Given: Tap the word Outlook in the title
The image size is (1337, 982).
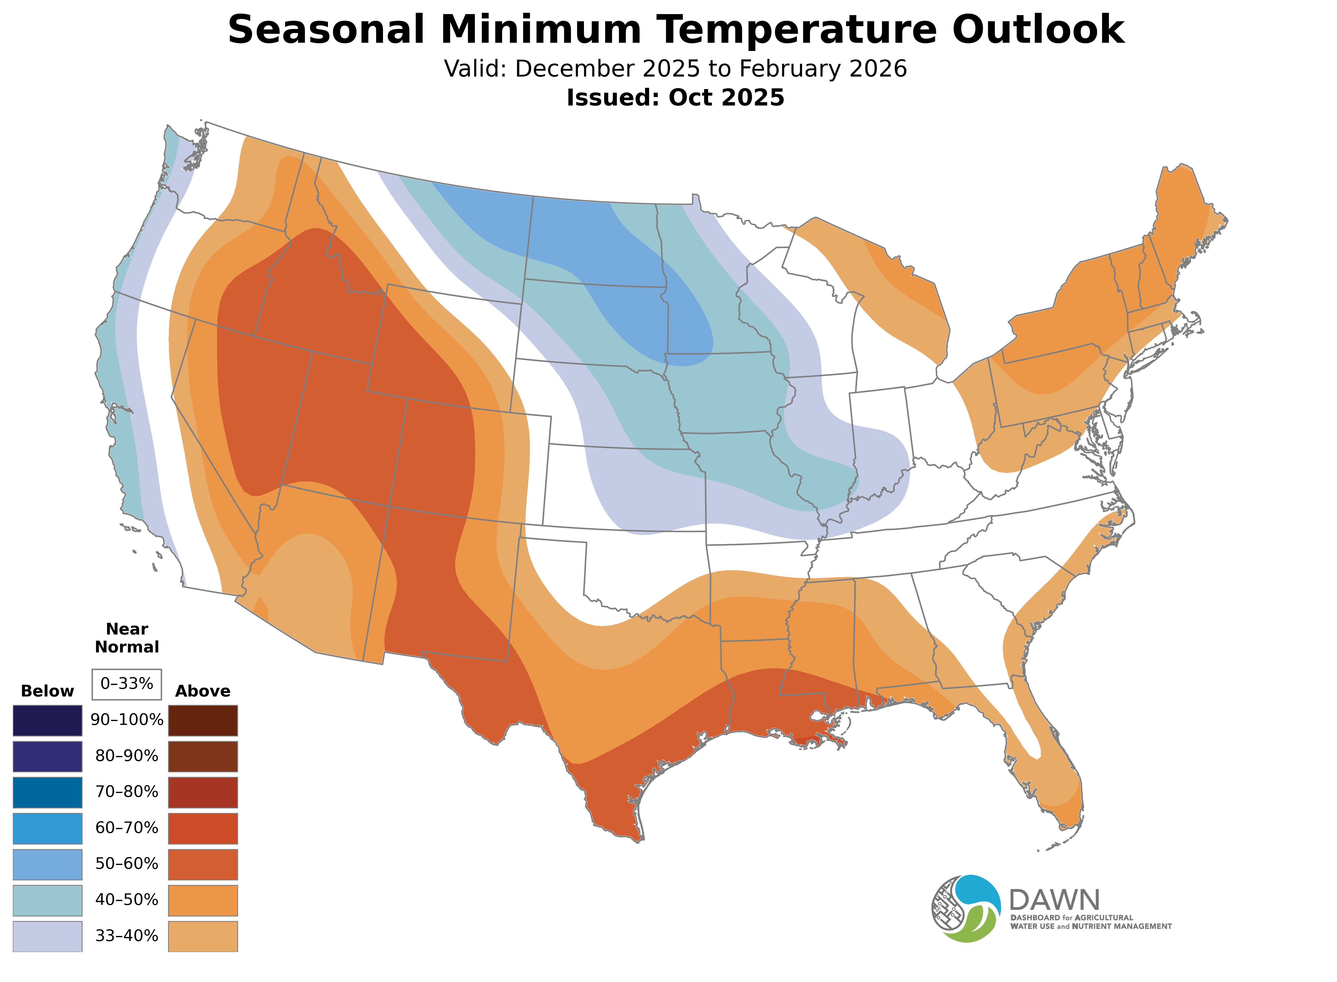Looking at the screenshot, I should click(1038, 30).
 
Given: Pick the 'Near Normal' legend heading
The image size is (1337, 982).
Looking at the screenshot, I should click(127, 638).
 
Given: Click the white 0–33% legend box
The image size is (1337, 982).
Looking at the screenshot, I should click(127, 684).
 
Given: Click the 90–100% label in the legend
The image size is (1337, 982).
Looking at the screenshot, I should click(127, 720).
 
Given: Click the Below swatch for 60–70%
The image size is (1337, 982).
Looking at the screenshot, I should click(48, 828).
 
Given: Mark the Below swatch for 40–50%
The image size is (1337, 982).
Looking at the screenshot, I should click(48, 900).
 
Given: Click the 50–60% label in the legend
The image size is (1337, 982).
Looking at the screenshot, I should click(127, 864).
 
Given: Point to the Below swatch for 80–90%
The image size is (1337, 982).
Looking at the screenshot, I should click(48, 756).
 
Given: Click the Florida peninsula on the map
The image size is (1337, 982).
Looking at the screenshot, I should click(1053, 779).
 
